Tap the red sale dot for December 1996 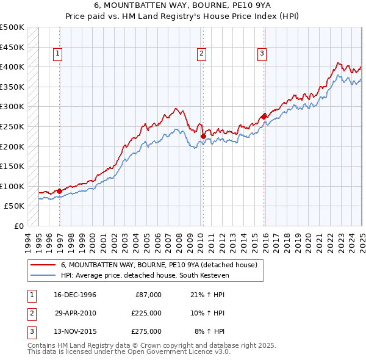click(59, 191)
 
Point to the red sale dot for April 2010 click(203, 137)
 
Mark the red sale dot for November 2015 click(264, 117)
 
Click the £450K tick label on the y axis click(13, 47)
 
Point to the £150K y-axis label click(13, 166)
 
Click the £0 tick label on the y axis click(19, 226)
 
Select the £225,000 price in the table click(146, 313)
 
